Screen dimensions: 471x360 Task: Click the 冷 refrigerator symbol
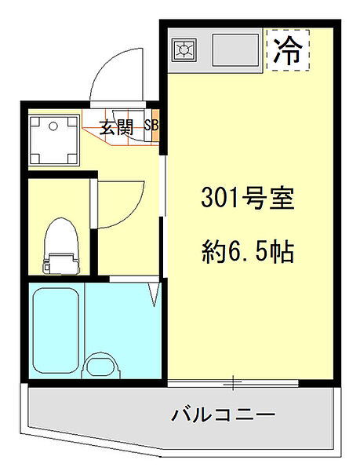coord(287,51)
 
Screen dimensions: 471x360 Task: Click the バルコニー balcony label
coord(223,414)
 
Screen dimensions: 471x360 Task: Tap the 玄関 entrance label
coord(115,129)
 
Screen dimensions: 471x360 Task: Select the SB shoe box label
coord(151,126)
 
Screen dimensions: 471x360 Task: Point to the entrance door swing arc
coord(118,71)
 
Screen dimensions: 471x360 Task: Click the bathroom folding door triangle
coord(155,294)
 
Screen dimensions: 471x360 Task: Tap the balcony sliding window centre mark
coord(233,384)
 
